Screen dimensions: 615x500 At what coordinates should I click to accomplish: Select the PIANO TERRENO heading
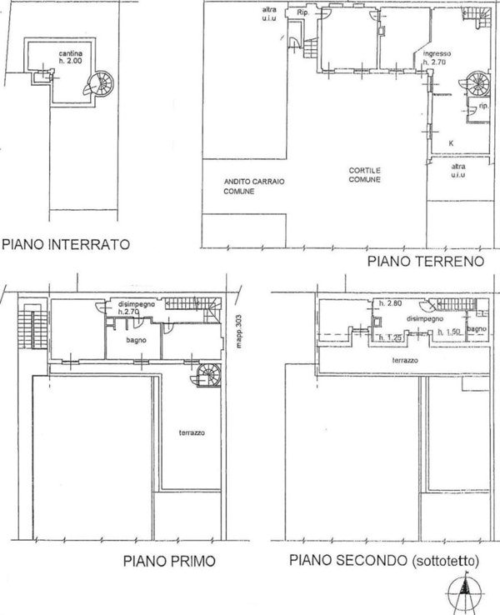tap(425, 261)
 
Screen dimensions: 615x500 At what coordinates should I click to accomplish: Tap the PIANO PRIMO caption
tap(170, 561)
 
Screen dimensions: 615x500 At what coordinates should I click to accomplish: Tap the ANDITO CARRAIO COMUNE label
tap(238, 187)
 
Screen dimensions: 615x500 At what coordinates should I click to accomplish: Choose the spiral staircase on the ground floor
tap(479, 83)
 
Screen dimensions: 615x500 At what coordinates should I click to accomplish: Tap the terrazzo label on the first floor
tap(192, 433)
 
